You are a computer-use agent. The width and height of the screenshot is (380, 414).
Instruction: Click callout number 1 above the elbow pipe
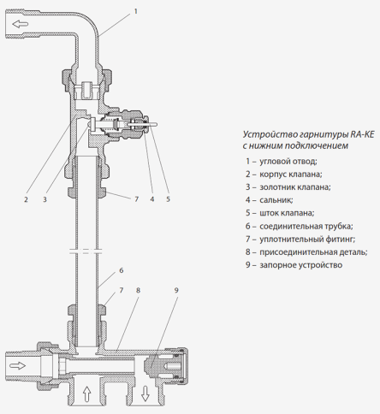(x=134, y=12)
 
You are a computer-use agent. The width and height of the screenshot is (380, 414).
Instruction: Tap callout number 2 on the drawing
(x=27, y=199)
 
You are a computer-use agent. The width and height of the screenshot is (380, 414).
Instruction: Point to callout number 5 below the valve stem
(x=168, y=199)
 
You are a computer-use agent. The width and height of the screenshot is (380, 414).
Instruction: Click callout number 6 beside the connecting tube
(x=121, y=270)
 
